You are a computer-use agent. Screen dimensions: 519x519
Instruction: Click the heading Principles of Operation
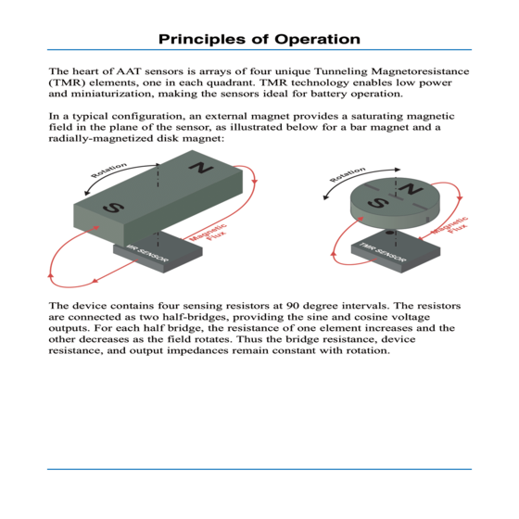(259, 39)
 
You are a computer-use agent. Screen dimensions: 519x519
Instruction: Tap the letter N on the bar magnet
(201, 168)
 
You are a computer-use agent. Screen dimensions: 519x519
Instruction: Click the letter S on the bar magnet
(113, 208)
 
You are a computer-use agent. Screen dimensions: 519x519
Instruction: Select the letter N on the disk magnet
(410, 189)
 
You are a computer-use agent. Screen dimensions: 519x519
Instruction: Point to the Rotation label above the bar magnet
(109, 170)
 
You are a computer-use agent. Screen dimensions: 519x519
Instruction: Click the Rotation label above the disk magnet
(348, 174)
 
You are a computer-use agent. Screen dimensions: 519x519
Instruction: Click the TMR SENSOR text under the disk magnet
(382, 252)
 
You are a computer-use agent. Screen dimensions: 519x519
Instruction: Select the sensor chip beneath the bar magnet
(158, 252)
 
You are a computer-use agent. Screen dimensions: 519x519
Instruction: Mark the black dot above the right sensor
(390, 233)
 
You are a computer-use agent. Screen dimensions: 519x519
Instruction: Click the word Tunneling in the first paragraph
(335, 71)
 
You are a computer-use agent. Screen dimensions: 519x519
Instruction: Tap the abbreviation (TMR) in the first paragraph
(67, 82)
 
